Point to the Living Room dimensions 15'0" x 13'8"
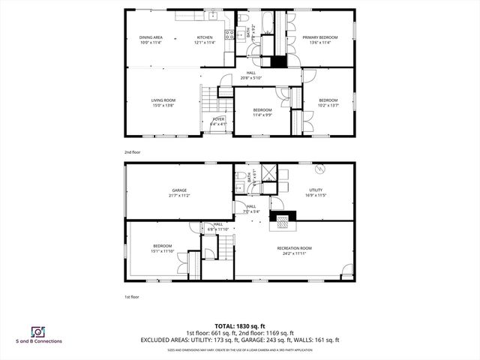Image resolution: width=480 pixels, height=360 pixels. (163, 106)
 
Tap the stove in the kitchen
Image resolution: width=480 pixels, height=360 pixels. (240, 34)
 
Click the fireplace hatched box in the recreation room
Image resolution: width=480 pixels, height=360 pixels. (284, 220)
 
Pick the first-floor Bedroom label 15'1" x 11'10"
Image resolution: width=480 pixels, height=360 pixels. (163, 248)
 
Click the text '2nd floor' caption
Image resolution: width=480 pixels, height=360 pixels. (133, 152)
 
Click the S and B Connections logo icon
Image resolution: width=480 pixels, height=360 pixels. (37, 331)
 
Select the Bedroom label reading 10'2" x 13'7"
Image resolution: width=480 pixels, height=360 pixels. (328, 103)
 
